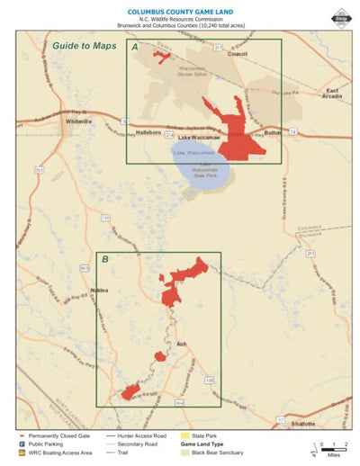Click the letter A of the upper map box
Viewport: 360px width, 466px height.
(135, 46)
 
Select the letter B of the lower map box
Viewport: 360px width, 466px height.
(105, 260)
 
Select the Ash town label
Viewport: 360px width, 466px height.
(181, 344)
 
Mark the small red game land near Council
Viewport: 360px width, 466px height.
(162, 57)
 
